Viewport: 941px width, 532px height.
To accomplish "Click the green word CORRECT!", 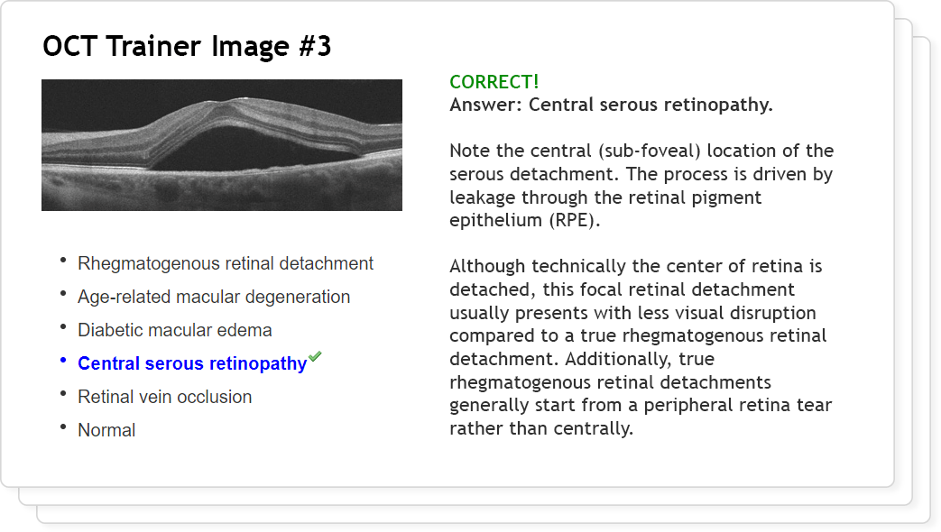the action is tap(494, 81).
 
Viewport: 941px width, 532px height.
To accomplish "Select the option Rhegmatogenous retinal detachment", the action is tap(225, 263).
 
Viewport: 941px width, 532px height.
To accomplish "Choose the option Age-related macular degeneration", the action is tap(214, 297).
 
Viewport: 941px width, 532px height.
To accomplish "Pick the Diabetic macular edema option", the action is tap(175, 330).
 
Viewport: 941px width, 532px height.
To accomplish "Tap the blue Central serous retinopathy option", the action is tap(192, 363).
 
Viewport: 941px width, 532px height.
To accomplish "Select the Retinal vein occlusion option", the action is tap(164, 397).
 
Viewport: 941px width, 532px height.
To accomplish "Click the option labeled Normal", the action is tap(106, 430).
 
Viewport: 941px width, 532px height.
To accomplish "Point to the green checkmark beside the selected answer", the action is tap(315, 357).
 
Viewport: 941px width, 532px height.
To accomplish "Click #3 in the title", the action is tap(315, 46).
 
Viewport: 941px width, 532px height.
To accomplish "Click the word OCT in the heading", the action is tap(69, 46).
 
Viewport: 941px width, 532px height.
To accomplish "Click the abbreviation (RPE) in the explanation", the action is tap(575, 220).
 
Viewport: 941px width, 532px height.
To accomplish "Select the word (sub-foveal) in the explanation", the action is tap(650, 151).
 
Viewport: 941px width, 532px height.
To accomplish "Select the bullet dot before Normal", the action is tap(63, 427).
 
